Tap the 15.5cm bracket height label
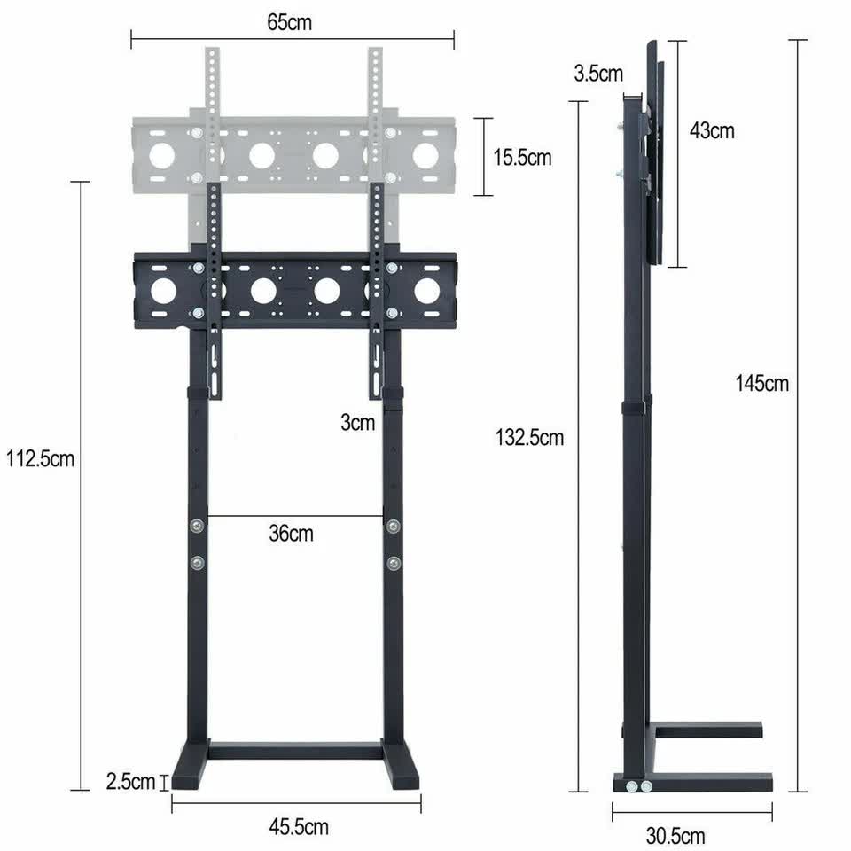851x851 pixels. pyautogui.click(x=523, y=158)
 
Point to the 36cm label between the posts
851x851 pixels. pyautogui.click(x=291, y=534)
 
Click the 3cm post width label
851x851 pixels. pyautogui.click(x=357, y=423)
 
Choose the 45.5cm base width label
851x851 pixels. pyautogui.click(x=299, y=827)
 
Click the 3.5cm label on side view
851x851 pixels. pyautogui.click(x=598, y=74)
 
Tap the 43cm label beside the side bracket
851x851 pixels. pyautogui.click(x=712, y=131)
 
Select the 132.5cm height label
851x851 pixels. pyautogui.click(x=529, y=437)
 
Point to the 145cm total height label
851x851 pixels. pyautogui.click(x=761, y=384)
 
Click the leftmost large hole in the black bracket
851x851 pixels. pyautogui.click(x=163, y=291)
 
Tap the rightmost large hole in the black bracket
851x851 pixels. pyautogui.click(x=426, y=291)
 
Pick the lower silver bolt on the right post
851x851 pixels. pyautogui.click(x=393, y=561)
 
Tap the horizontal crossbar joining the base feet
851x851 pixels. pyautogui.click(x=295, y=751)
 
